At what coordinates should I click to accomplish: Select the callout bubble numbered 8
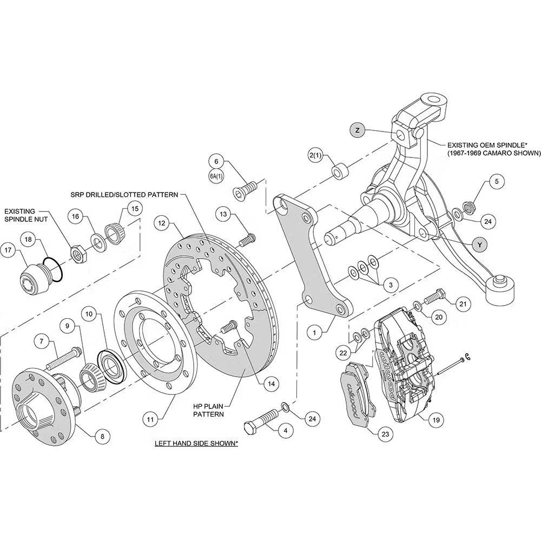pyautogui.click(x=102, y=434)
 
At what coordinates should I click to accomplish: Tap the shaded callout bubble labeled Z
pyautogui.click(x=358, y=130)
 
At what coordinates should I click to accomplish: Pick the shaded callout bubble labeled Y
pyautogui.click(x=479, y=245)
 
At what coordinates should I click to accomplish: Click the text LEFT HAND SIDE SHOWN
pyautogui.click(x=196, y=444)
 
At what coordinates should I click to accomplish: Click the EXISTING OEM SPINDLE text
pyautogui.click(x=486, y=145)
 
